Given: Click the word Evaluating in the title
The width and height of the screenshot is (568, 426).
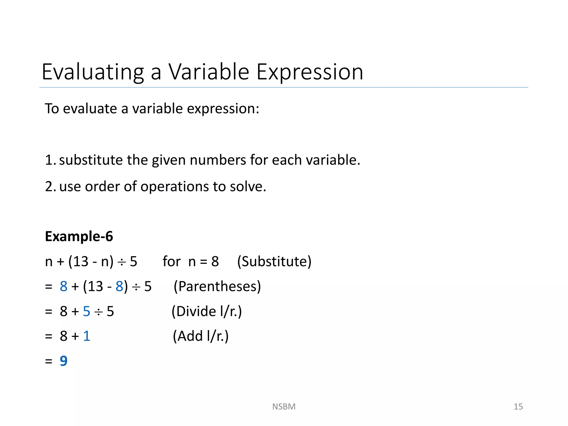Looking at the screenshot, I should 93,72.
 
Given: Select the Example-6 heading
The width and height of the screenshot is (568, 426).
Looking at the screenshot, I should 79,236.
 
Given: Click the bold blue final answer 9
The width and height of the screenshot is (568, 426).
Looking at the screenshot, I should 64,361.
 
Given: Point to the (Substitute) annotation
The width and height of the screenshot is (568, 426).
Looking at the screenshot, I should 274,261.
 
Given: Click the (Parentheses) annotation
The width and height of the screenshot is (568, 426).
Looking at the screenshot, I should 217,286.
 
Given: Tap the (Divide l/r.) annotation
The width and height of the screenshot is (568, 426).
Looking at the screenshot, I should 207,311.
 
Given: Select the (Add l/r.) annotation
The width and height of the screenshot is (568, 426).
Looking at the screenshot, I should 201,336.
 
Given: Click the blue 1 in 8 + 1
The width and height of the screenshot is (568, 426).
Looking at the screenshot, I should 87,336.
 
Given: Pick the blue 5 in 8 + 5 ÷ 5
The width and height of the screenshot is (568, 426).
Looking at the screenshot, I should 87,311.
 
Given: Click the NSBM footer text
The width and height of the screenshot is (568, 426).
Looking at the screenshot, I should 284,407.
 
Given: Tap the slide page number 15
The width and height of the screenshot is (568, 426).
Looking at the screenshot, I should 518,407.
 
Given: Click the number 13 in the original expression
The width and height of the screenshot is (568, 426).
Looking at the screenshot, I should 81,261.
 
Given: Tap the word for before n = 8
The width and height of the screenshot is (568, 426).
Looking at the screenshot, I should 171,261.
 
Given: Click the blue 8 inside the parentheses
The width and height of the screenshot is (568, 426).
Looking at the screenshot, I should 119,286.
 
